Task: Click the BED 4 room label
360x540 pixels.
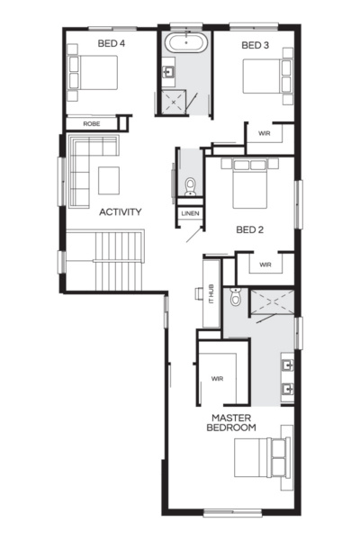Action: coord(111,43)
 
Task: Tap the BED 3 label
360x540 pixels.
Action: coord(256,45)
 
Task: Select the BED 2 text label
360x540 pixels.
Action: coord(248,229)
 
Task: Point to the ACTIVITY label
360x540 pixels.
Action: coord(121,212)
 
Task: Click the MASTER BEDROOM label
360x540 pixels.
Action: coord(232,424)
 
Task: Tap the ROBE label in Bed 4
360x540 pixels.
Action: coord(92,123)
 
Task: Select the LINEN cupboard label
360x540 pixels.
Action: coord(190,214)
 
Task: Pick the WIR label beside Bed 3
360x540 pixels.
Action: coord(265,134)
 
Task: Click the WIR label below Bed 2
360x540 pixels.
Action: coord(265,265)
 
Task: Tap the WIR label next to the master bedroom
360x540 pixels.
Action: coord(218,379)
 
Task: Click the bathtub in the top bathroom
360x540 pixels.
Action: coord(185,41)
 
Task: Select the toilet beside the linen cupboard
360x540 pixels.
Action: coord(190,185)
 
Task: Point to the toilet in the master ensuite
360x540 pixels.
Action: coord(236,297)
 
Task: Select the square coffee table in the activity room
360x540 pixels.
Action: coord(110,179)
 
